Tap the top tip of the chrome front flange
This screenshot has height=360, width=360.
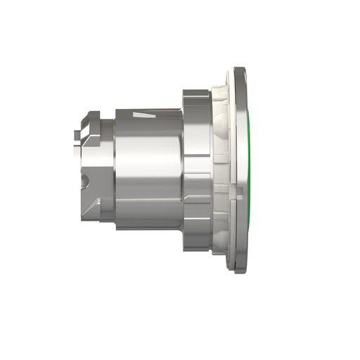click(239, 69)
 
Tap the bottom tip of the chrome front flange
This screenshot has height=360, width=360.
click(239, 270)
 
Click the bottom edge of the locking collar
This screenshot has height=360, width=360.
click(195, 249)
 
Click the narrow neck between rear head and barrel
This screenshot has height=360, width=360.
click(107, 169)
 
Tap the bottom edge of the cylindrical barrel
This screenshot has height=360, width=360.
click(148, 229)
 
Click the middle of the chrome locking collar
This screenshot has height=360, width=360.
click(195, 169)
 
